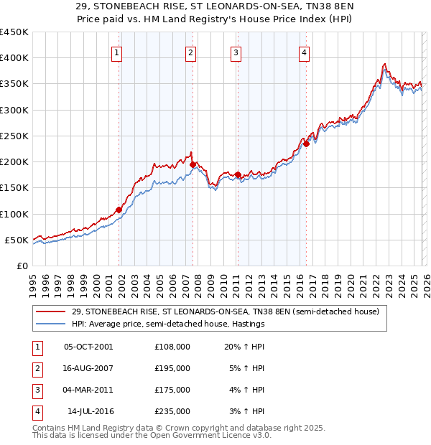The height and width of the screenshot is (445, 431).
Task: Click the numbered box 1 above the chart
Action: pyautogui.click(x=116, y=52)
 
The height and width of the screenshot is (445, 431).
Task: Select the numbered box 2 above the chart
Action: pyautogui.click(x=190, y=52)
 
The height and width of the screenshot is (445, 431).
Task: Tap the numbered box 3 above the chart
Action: pyautogui.click(x=236, y=52)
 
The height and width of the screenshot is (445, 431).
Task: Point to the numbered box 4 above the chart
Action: pyautogui.click(x=305, y=52)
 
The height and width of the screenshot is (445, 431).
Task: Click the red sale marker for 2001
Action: pyautogui.click(x=119, y=210)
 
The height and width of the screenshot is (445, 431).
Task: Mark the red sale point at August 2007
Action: pyautogui.click(x=193, y=164)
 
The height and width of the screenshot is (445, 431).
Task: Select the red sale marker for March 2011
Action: pyautogui.click(x=238, y=174)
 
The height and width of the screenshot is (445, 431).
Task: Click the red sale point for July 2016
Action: pyautogui.click(x=306, y=144)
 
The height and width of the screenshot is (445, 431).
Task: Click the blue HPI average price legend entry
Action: pyautogui.click(x=172, y=324)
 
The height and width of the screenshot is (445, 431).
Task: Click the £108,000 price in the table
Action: pyautogui.click(x=172, y=346)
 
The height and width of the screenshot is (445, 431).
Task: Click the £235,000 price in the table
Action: pyautogui.click(x=172, y=412)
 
